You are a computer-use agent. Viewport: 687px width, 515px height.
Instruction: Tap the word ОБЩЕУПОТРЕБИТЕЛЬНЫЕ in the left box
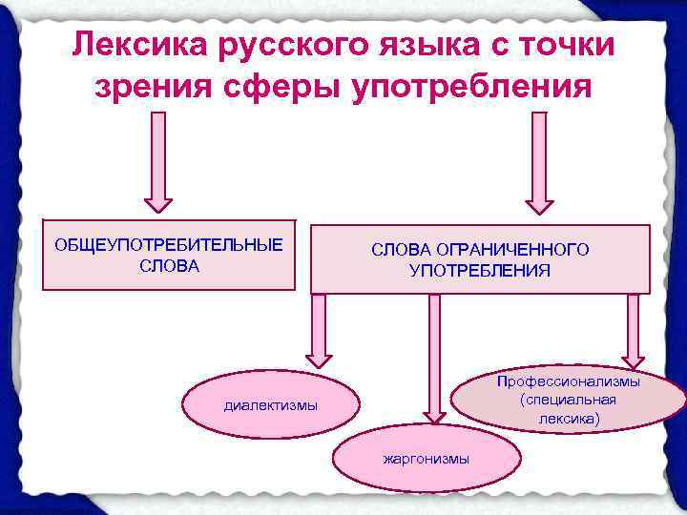169,245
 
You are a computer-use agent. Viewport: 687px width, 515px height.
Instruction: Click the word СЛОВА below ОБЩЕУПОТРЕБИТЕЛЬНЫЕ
169,265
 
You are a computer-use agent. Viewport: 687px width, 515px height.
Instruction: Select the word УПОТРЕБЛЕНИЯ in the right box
480,270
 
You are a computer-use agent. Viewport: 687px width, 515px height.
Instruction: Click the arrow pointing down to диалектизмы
319,329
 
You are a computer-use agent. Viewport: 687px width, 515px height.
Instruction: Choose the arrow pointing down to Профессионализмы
634,329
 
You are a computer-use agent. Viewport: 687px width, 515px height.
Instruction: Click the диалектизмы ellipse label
270,406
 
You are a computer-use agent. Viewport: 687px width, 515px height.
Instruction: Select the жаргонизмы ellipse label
427,460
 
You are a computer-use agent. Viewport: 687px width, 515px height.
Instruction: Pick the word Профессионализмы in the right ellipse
568,381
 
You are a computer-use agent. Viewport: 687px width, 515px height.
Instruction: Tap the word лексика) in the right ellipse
568,418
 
